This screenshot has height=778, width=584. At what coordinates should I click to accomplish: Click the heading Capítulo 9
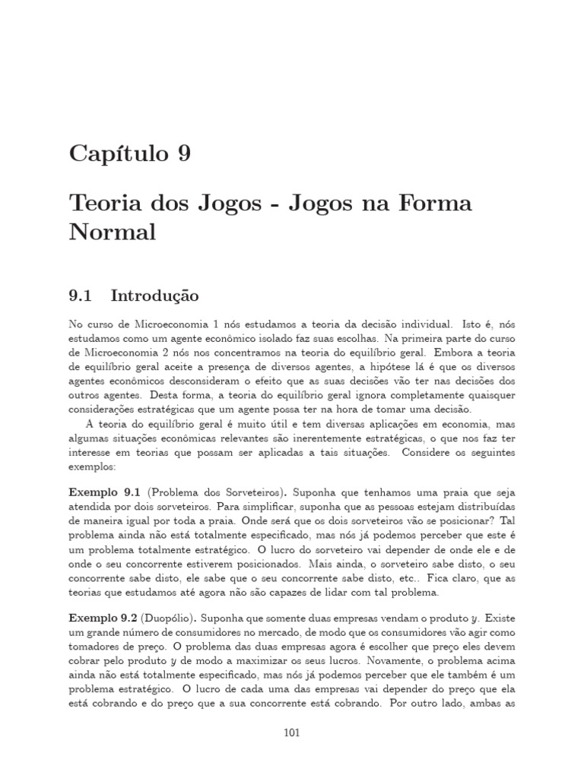(130, 154)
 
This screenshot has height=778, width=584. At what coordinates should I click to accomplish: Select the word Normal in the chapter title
(112, 232)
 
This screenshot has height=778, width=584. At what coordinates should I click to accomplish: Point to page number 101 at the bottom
(292, 732)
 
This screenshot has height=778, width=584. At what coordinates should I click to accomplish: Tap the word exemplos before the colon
(91, 468)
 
